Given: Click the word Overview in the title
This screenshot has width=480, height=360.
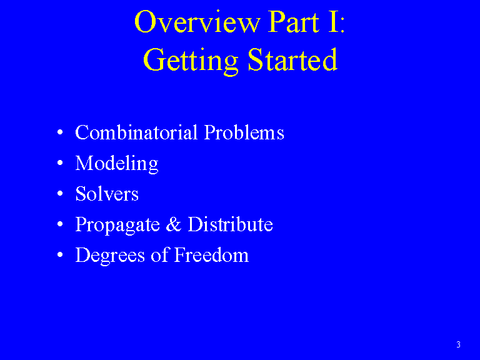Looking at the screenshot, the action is coord(197,21).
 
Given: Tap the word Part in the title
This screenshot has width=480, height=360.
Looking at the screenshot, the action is coord(294,22).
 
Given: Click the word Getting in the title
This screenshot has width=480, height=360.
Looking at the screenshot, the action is coord(191,61).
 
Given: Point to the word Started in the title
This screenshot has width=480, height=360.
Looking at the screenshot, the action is coord(292,59).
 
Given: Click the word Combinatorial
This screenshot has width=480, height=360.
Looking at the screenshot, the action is coord(136,132).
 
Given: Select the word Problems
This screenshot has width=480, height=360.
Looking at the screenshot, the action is coord(244,132).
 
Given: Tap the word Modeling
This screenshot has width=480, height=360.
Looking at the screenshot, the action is coord(117,164).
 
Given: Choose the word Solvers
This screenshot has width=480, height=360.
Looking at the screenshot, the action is coord(107,194).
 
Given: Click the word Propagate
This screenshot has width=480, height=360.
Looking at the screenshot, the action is coord(117,225).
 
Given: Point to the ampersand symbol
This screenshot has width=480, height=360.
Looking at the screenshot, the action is coord(174,224).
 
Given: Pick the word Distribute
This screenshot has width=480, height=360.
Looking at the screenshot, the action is coord(230,224).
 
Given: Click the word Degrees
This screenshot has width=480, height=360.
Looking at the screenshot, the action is coord(110,256).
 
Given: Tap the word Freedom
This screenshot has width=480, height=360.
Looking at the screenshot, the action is coord(211,255).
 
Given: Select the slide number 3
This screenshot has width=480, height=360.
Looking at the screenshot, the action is coord(458,345).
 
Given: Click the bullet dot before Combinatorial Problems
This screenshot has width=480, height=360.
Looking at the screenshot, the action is coord(60,132).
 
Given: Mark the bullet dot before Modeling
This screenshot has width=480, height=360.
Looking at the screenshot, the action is coord(60,163).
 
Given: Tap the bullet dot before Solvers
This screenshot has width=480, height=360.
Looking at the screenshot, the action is coord(60,194).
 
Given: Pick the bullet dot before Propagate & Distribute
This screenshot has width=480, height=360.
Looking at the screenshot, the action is coord(60,224).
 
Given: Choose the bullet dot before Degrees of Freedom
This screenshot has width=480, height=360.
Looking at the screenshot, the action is coord(60,255).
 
